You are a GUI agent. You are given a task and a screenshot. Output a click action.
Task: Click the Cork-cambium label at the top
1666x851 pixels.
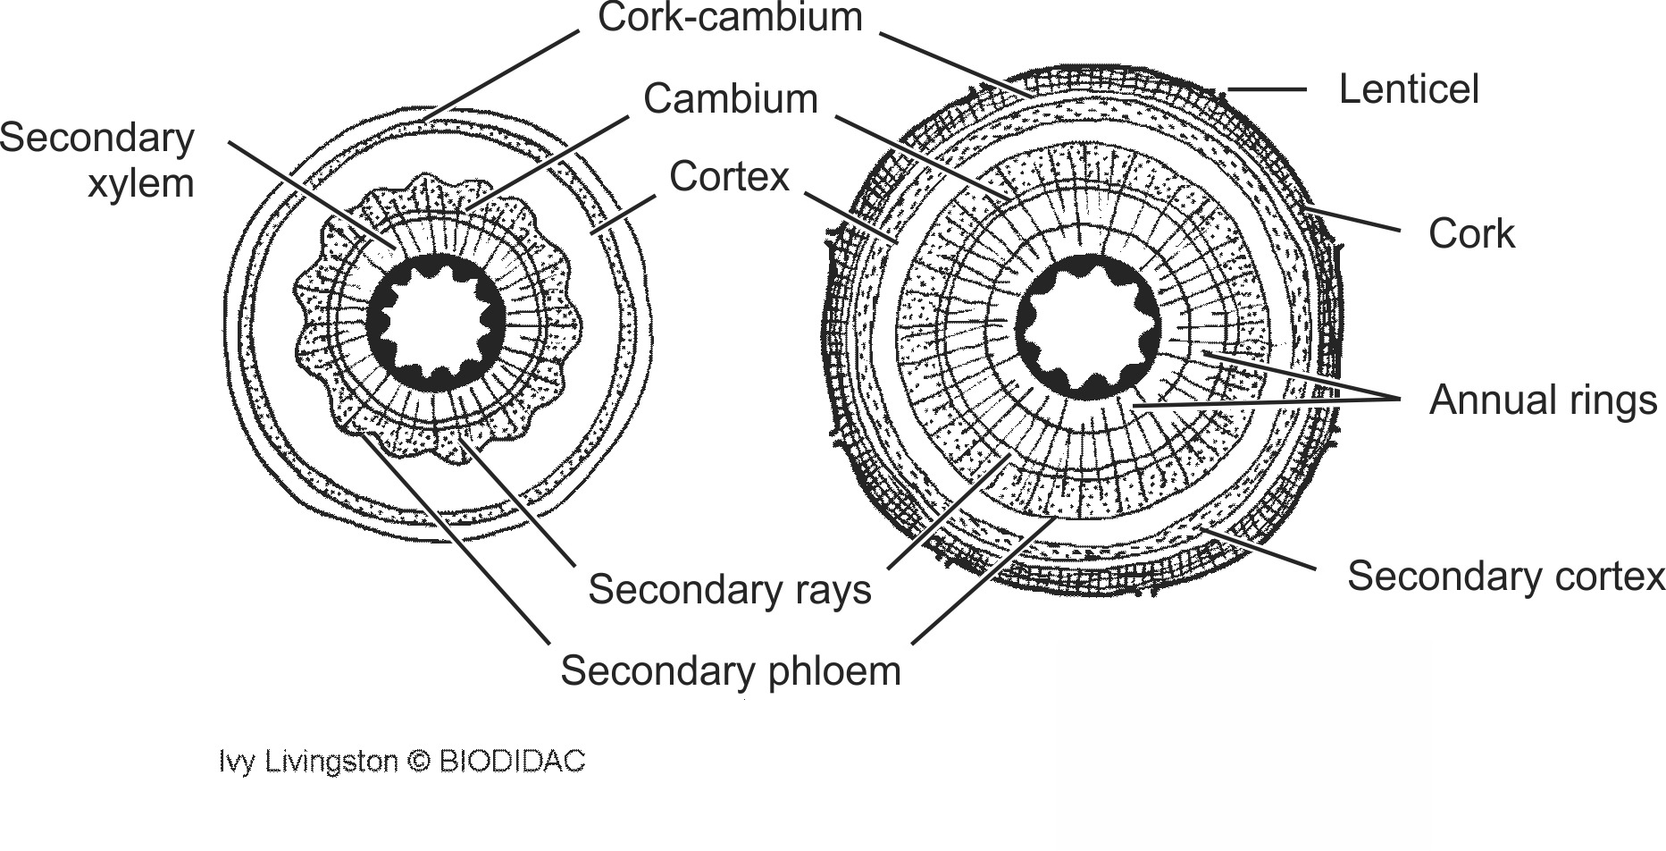(730, 19)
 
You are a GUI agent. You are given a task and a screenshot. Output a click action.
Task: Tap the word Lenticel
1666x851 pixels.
(1409, 89)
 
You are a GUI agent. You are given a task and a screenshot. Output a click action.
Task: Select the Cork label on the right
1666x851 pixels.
(1471, 234)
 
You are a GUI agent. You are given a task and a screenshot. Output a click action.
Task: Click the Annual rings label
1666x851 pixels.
(1543, 400)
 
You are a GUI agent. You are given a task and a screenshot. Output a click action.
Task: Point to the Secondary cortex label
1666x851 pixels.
(1505, 576)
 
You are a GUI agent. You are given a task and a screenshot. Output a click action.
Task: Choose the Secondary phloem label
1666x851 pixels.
(730, 670)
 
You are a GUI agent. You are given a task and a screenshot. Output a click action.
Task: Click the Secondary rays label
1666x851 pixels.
(729, 590)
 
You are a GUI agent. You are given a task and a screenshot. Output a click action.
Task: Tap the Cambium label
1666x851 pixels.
(730, 99)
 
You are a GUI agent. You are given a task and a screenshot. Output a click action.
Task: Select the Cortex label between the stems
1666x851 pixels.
(729, 177)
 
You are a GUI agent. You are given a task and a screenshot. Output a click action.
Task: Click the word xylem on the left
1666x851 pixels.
(140, 183)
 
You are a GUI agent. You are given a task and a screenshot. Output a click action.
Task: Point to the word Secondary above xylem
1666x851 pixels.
(96, 139)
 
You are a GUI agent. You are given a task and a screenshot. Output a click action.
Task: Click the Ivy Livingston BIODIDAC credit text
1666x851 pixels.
(402, 761)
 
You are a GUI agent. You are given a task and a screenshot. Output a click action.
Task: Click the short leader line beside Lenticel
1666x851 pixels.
(1268, 89)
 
